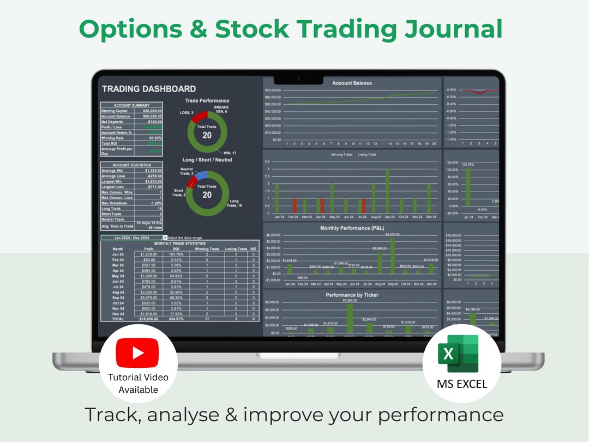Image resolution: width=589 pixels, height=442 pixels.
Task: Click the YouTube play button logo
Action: [138, 353]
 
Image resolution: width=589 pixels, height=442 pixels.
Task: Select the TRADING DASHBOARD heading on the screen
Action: [148, 88]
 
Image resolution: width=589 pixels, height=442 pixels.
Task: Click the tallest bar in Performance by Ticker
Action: [350, 318]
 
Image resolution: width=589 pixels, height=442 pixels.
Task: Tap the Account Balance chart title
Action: [352, 83]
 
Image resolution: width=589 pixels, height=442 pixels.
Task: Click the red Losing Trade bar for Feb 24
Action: [295, 205]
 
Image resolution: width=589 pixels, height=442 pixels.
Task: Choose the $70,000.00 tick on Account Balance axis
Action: [272, 90]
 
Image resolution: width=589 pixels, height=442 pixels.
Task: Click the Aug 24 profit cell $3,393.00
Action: [148, 292]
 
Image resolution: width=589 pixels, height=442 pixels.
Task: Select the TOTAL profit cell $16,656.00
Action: [148, 319]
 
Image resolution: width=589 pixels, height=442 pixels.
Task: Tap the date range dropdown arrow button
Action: [165, 238]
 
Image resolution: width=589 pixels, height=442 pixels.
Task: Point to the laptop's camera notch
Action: [294, 78]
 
